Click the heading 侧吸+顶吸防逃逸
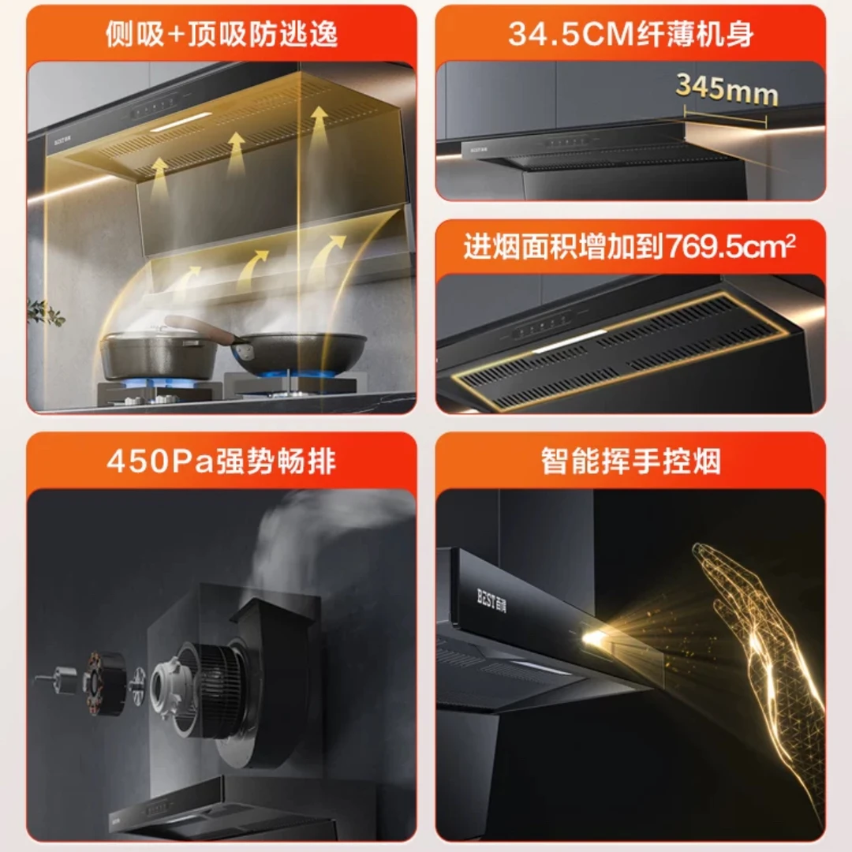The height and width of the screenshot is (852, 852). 221,35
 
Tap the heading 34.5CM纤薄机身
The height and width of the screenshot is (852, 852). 630,35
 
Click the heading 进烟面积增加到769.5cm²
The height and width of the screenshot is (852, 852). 630,248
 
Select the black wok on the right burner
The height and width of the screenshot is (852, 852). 304,351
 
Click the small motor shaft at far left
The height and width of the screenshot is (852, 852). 59,679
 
